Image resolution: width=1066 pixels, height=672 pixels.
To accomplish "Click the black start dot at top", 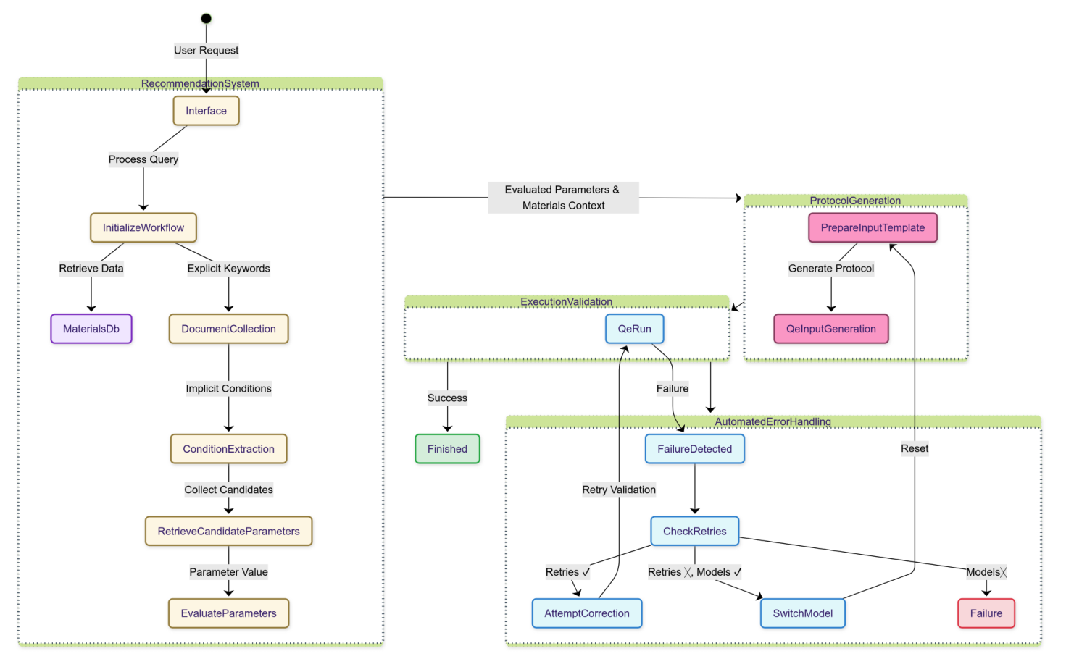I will point(206,19).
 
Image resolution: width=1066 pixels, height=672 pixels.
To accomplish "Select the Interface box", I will point(206,111).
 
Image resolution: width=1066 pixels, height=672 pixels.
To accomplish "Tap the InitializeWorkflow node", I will point(143,227).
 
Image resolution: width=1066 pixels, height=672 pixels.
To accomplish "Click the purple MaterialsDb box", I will point(91,329).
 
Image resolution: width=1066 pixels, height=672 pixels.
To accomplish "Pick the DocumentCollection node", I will point(228,329).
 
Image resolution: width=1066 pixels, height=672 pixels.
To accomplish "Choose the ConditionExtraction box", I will point(228,449).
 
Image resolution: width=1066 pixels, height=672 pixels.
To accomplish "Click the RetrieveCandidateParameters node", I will point(228,531).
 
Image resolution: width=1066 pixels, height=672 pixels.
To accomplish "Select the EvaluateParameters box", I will point(228,613).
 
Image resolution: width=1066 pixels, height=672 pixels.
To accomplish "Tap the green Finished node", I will point(447,449).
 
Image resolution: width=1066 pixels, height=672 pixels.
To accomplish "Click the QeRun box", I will point(634,329).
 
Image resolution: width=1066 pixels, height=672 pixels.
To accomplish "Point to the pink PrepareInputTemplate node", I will point(873,227).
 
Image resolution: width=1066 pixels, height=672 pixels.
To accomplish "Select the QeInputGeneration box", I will point(830,329).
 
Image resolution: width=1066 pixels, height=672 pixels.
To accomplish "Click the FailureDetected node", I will point(694,449).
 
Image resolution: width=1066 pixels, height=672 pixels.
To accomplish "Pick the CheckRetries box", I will point(694,531).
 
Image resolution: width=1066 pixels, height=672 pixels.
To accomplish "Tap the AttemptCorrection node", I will point(587,613).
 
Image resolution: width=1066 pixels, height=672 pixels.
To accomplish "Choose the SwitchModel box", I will point(802,613).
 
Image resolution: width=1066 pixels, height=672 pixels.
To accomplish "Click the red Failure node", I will point(986,613).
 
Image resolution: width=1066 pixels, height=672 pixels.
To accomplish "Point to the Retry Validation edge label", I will point(619,490).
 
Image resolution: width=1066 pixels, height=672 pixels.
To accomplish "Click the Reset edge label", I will point(915,448).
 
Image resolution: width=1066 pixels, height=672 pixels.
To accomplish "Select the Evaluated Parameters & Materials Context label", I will point(563,198).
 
